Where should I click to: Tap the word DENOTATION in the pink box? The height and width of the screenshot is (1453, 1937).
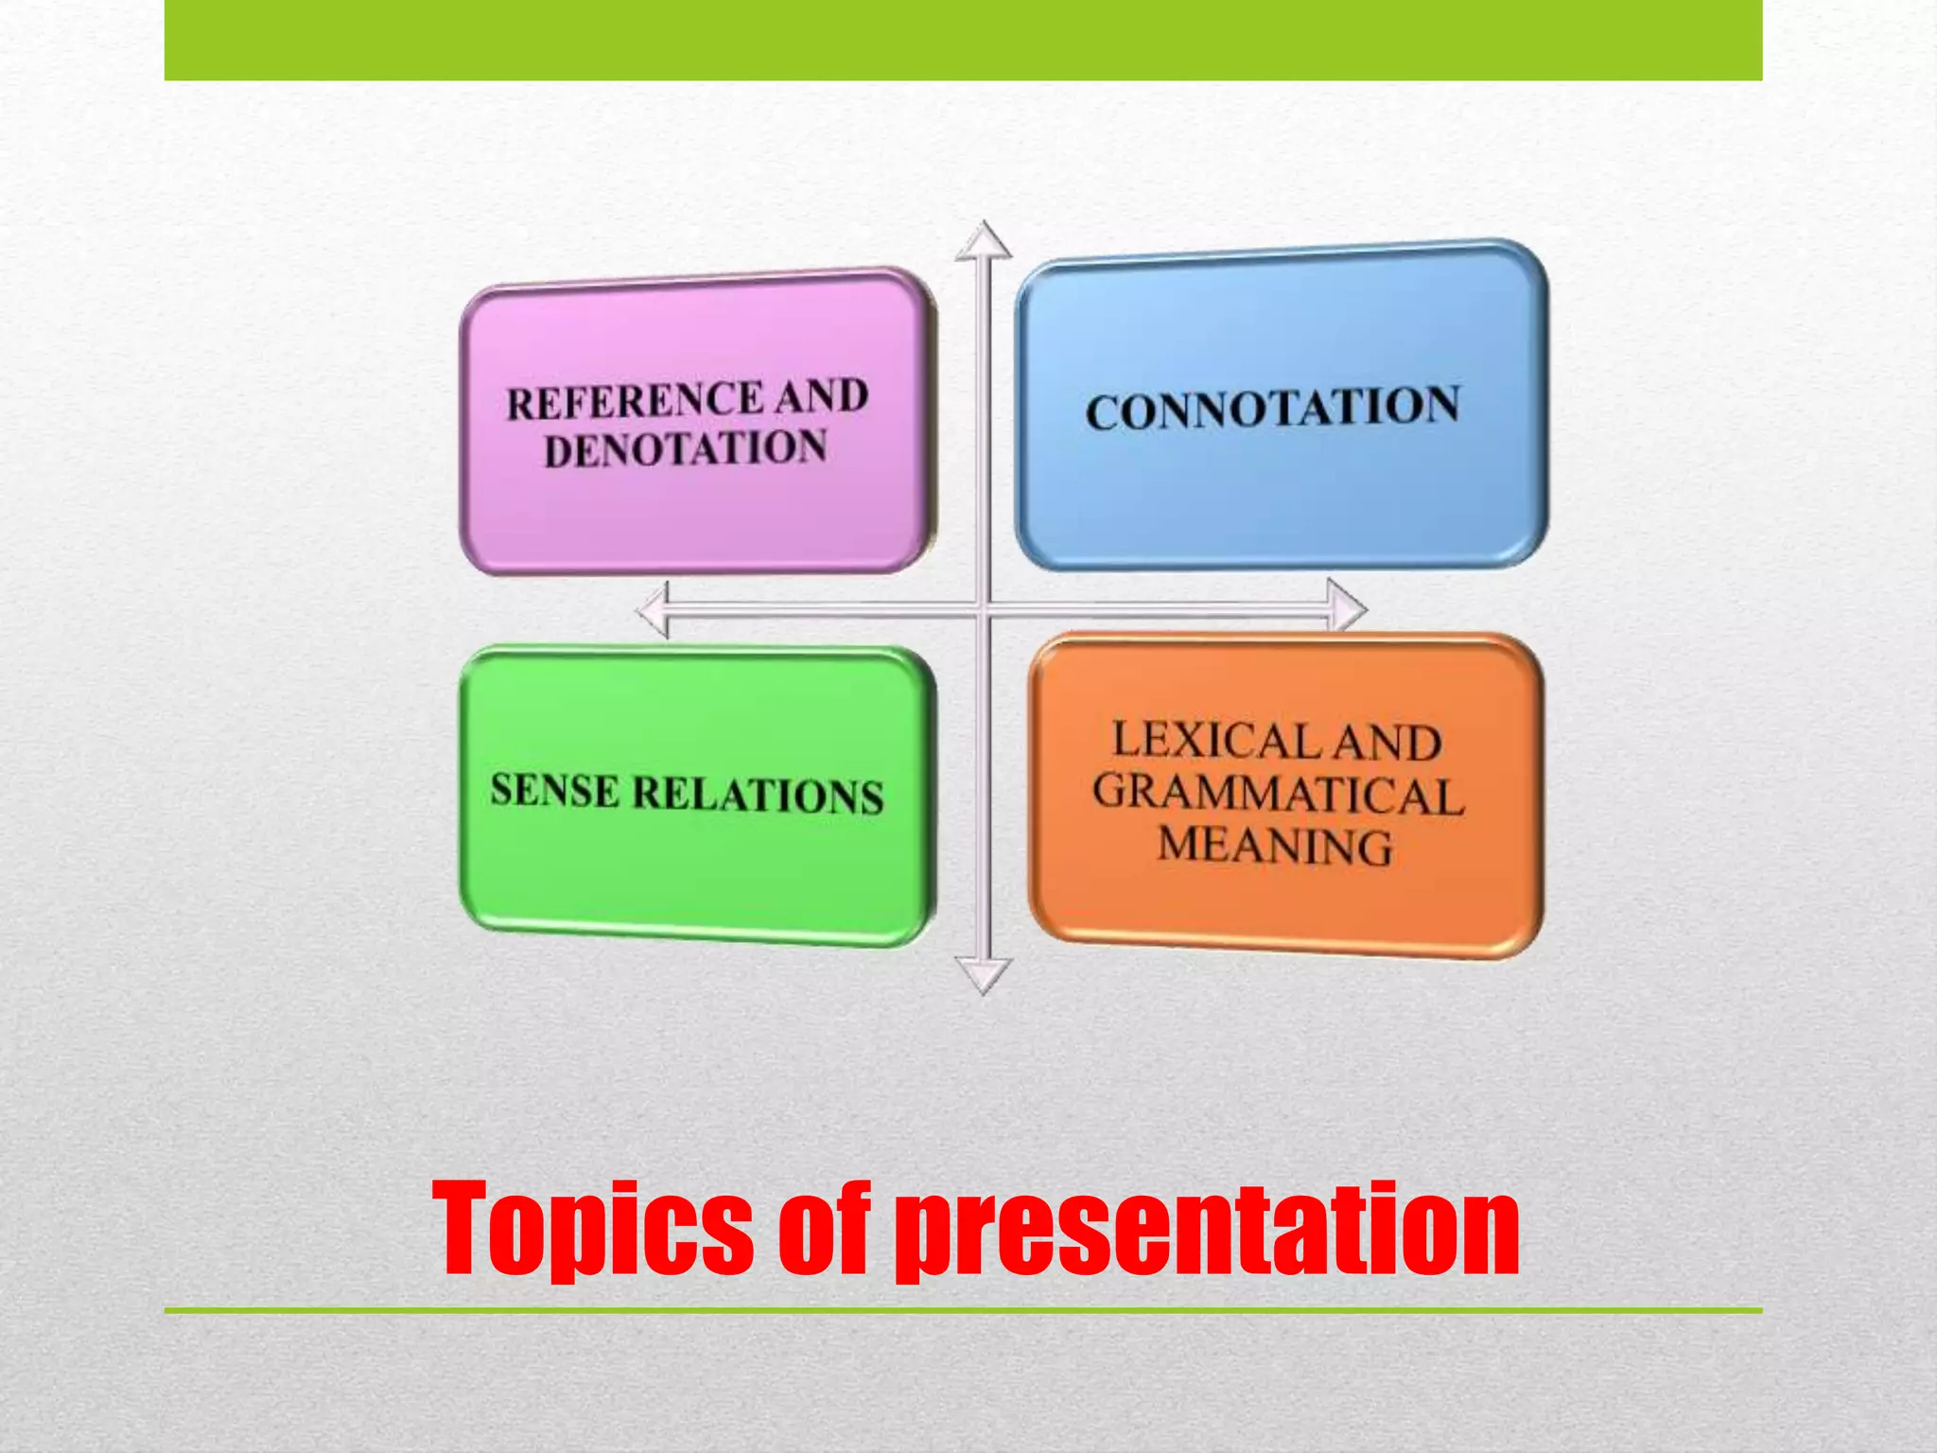(685, 448)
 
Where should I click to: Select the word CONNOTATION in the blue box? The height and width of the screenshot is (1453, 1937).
(1272, 409)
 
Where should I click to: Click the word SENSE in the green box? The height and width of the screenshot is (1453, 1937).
(554, 790)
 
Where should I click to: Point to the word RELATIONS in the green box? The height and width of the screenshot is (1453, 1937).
(758, 794)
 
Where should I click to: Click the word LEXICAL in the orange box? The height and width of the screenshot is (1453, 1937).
(1216, 740)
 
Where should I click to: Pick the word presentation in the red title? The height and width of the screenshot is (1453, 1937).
(1207, 1230)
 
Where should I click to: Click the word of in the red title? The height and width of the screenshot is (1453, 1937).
(822, 1230)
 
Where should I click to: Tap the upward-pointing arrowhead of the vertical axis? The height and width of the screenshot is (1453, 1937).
(984, 241)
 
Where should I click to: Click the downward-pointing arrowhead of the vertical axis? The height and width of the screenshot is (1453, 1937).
(984, 973)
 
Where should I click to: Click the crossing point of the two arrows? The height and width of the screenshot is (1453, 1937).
(984, 610)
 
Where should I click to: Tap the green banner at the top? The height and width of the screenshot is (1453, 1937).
(963, 40)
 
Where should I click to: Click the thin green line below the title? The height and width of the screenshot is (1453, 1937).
(963, 1310)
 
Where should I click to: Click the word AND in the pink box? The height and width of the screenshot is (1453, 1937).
(820, 395)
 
